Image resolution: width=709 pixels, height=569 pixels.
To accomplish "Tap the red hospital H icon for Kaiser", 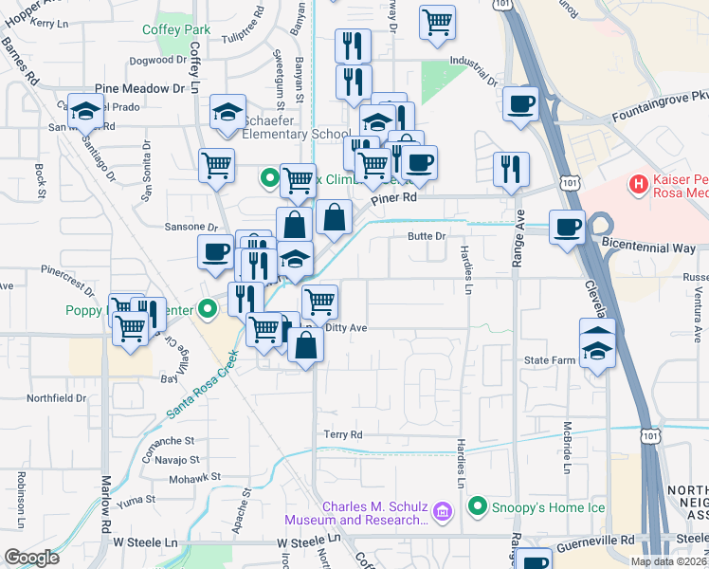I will pyautogui.click(x=639, y=182).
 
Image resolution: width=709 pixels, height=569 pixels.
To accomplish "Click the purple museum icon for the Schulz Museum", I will pyautogui.click(x=441, y=512).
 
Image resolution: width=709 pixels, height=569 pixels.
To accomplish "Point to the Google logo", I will pyautogui.click(x=30, y=558).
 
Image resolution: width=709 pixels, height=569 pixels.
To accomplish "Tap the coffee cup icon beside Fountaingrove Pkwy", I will pyautogui.click(x=520, y=103).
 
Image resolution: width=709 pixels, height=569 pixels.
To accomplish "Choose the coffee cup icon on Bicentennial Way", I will pyautogui.click(x=567, y=228).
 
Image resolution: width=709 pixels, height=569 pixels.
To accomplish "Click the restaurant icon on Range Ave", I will pyautogui.click(x=511, y=169).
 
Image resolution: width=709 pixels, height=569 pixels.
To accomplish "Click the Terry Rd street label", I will pyautogui.click(x=343, y=434).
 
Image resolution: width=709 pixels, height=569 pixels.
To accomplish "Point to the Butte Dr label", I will pyautogui.click(x=426, y=235).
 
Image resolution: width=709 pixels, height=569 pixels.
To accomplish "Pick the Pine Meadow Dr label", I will pyautogui.click(x=139, y=88).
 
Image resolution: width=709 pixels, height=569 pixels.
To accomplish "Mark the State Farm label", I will pyautogui.click(x=551, y=361).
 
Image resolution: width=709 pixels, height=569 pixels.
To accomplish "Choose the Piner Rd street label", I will pyautogui.click(x=393, y=199).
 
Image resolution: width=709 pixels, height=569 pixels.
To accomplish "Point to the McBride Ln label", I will pyautogui.click(x=567, y=448).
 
